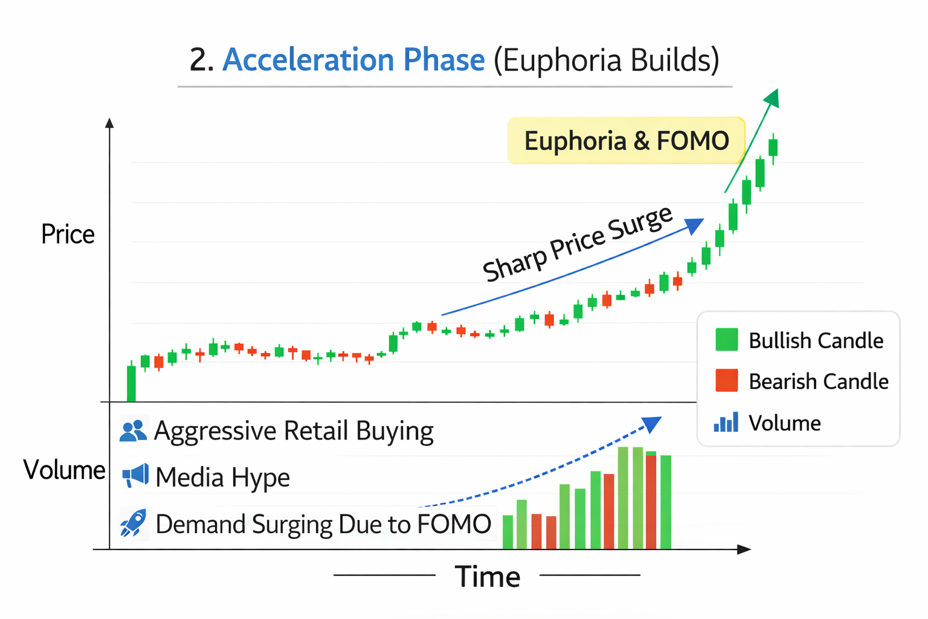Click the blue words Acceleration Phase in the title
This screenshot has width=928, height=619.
[353, 60]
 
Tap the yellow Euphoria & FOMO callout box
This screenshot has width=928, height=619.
[626, 141]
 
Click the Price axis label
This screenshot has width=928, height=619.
[68, 235]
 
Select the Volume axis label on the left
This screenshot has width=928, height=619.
[64, 470]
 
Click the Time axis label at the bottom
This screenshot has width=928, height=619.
[487, 577]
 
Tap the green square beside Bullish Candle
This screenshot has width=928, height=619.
[726, 340]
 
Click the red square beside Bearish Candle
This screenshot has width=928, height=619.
[726, 381]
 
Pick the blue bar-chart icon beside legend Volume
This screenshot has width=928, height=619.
[726, 422]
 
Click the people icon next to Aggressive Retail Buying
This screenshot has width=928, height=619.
[133, 430]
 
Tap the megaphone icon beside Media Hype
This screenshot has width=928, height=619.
[135, 476]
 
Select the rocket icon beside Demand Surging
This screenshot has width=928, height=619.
[133, 523]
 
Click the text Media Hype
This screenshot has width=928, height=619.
[222, 478]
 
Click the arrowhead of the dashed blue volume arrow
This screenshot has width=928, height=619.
[652, 423]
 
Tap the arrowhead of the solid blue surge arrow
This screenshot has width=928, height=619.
[695, 225]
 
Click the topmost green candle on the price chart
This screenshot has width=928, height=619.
[773, 147]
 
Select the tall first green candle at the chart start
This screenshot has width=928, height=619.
[131, 383]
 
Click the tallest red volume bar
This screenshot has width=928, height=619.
[651, 502]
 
